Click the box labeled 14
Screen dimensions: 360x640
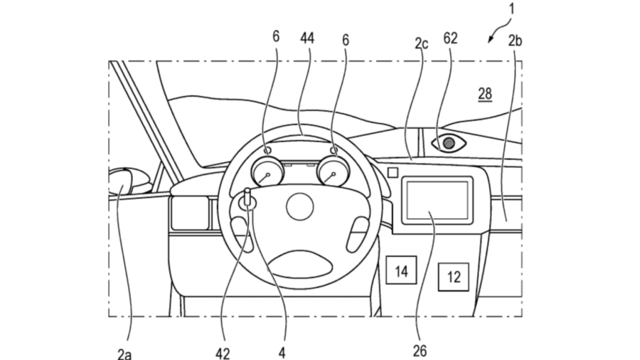[x=400, y=271]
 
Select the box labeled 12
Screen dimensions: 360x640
[x=454, y=277]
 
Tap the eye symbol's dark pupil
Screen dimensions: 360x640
[x=449, y=143]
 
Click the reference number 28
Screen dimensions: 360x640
[x=485, y=93]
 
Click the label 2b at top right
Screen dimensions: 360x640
[x=516, y=42]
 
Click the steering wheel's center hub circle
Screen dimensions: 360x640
[x=300, y=207]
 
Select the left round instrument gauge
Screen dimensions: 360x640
[x=266, y=172]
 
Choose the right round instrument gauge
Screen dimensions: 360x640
[x=333, y=171]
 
